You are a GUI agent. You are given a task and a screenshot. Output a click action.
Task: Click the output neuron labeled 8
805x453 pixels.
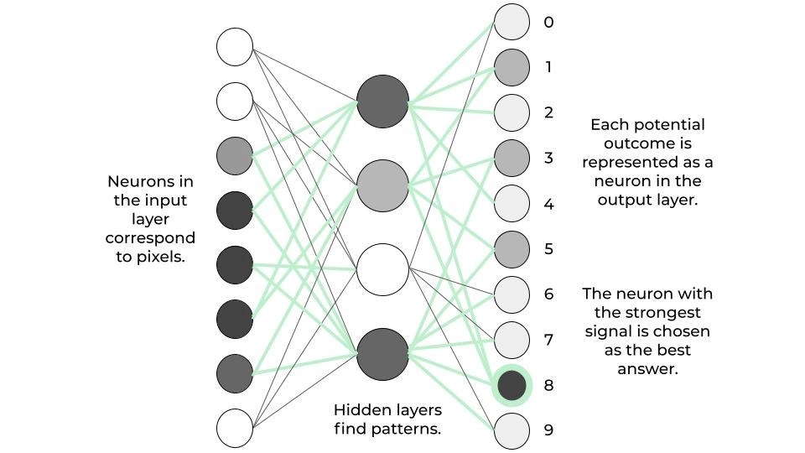(x=512, y=385)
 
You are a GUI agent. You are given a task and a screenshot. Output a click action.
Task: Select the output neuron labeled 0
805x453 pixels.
(x=512, y=22)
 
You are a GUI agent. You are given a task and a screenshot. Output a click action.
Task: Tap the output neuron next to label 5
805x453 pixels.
(x=512, y=249)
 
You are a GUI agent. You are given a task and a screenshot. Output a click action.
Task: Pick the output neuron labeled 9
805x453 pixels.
(x=512, y=430)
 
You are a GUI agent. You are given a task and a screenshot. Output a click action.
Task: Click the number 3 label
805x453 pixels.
(x=548, y=158)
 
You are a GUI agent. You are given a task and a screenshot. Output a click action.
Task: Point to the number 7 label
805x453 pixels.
(x=548, y=340)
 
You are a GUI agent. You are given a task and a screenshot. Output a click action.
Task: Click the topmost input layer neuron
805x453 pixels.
(x=235, y=47)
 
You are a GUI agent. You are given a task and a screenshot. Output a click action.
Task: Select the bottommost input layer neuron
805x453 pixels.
(x=235, y=427)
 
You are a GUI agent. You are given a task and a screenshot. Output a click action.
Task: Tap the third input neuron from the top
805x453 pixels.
(x=235, y=156)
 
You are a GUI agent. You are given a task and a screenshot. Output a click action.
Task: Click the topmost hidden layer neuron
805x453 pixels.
(x=382, y=102)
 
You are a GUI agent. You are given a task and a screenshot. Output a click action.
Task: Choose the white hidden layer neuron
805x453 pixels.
(x=382, y=269)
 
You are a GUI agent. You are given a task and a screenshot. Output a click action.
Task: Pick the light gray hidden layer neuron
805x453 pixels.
(x=382, y=185)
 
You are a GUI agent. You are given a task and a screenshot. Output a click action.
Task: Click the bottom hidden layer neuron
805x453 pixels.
(x=382, y=354)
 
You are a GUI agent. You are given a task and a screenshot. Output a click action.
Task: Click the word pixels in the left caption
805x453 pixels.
(x=162, y=257)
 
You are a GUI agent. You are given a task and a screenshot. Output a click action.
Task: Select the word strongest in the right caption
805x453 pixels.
(x=649, y=312)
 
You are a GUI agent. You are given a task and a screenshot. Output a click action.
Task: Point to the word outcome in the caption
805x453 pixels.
(x=647, y=143)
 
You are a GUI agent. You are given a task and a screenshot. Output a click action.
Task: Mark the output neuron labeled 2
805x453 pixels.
(x=512, y=112)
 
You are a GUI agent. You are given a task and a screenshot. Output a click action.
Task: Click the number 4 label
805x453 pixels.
(x=548, y=204)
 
